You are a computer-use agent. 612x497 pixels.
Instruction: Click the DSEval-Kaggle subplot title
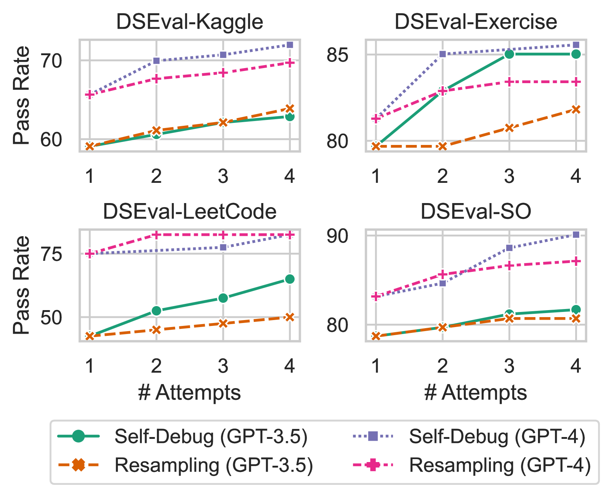[x=190, y=22]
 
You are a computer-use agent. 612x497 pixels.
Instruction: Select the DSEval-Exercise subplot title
[x=476, y=22]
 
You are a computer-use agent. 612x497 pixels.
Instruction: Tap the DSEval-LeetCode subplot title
[x=190, y=212]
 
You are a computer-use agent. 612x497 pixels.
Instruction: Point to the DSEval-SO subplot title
[x=476, y=212]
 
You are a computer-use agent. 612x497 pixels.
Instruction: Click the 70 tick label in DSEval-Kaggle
[x=51, y=61]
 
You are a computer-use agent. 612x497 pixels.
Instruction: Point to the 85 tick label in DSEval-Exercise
[x=337, y=55]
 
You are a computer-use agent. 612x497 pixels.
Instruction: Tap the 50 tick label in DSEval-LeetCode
[x=51, y=317]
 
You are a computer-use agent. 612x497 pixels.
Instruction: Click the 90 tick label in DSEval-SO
[x=337, y=236]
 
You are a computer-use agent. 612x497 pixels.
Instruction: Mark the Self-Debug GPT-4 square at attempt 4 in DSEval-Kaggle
[x=290, y=45]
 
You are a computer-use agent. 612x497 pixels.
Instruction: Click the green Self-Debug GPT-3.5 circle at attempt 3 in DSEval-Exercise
[x=509, y=54]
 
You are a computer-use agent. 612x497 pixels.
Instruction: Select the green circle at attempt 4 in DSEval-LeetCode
[x=290, y=279]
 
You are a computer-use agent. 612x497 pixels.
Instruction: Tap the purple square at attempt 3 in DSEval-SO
[x=509, y=248]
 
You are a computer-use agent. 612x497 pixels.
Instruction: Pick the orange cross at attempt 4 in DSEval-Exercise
[x=576, y=110]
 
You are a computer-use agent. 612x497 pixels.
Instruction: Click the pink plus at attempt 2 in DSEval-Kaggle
[x=156, y=79]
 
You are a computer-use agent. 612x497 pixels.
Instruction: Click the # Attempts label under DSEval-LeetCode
[x=190, y=393]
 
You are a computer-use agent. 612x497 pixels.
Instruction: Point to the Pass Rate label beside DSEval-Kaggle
[x=21, y=96]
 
